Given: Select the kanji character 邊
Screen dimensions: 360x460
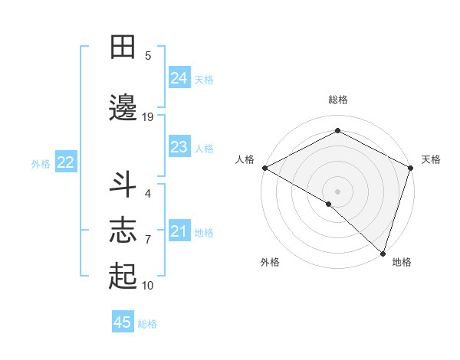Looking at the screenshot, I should (x=123, y=107).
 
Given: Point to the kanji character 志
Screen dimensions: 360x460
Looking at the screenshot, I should (x=123, y=230).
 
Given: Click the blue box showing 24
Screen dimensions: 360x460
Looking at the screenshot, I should (x=179, y=77).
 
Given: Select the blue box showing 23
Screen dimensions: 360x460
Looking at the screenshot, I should (x=179, y=147).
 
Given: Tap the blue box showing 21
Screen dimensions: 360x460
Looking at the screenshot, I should (x=179, y=231).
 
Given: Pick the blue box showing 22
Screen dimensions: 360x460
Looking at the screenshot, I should (x=66, y=162).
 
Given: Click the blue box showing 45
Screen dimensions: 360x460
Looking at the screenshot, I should (x=123, y=322).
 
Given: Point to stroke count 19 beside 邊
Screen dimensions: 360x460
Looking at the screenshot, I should (x=148, y=117).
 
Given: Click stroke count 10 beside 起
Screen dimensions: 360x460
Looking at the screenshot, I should (x=148, y=286).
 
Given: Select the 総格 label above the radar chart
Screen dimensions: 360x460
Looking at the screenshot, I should (x=337, y=100).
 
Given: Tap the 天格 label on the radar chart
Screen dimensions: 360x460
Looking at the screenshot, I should (x=431, y=159).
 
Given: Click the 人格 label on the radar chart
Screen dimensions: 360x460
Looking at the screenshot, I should (x=245, y=159).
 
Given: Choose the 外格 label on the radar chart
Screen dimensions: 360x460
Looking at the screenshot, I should (x=270, y=262).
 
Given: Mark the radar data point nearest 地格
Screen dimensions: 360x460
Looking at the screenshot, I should (x=382, y=252).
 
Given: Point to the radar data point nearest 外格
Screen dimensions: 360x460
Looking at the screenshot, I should (x=328, y=204).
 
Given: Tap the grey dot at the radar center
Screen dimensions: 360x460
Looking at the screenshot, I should (x=337, y=191).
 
